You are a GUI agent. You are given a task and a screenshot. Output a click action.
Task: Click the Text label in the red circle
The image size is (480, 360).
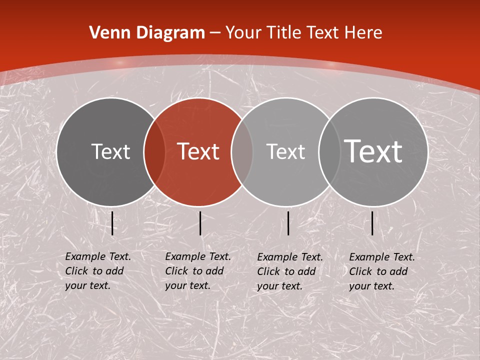point(198,151)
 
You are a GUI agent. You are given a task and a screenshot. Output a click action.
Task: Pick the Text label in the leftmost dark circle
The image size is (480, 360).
point(110,151)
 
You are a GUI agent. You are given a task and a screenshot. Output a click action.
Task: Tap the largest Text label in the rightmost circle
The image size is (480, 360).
point(373,151)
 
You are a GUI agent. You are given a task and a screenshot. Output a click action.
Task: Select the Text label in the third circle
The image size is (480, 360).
point(285,151)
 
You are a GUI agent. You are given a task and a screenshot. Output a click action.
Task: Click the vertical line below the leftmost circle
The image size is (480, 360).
point(112,223)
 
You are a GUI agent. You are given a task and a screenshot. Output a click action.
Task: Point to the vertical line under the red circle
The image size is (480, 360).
point(200,223)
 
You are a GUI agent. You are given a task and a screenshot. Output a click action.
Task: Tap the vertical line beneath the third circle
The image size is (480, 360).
point(288,223)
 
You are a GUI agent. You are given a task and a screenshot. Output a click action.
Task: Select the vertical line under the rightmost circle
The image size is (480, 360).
point(372,223)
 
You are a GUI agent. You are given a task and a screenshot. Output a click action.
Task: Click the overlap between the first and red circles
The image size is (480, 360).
point(154,152)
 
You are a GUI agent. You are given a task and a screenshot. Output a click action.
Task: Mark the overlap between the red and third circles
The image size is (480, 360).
point(242,152)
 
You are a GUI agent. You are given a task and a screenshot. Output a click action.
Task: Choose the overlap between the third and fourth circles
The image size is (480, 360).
point(327,152)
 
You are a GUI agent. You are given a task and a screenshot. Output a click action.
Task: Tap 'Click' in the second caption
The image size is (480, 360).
point(176,271)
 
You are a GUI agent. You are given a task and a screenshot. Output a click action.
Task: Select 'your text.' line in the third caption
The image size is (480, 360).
point(279,286)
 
